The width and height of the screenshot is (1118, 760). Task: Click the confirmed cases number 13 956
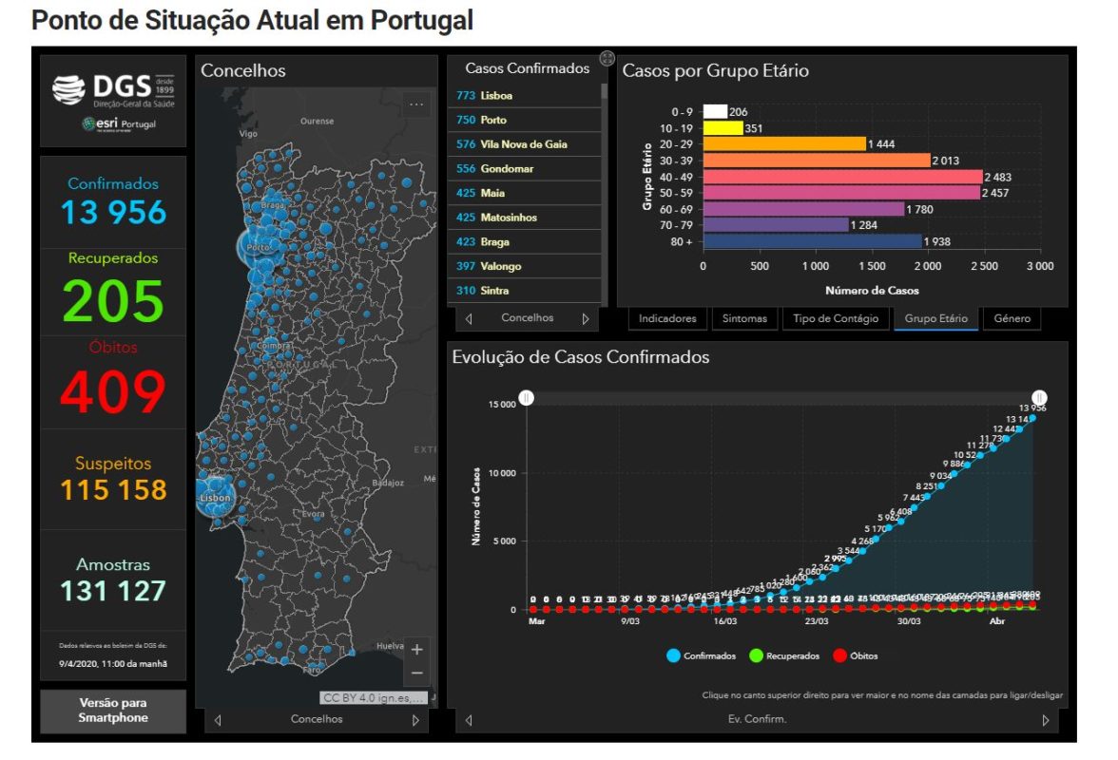click(114, 212)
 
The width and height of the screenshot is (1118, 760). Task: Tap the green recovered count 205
click(114, 301)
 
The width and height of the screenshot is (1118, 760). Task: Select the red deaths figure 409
click(114, 390)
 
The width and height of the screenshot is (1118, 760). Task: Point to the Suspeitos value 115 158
click(114, 490)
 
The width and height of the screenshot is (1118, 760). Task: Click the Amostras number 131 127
click(114, 591)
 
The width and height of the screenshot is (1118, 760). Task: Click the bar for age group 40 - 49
click(841, 177)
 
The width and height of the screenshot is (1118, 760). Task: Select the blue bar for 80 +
click(812, 241)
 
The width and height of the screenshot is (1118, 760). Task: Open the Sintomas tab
click(744, 319)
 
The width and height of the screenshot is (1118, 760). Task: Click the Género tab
click(1012, 319)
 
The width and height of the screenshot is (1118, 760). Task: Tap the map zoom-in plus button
click(416, 650)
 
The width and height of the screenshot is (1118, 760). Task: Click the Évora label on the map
click(314, 514)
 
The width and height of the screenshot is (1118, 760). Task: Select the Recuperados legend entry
click(787, 656)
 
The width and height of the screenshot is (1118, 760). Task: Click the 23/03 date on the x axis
click(817, 622)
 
